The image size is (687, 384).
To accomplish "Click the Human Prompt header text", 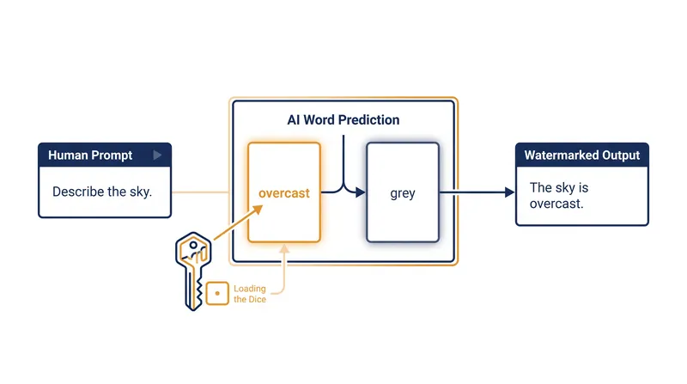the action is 90,155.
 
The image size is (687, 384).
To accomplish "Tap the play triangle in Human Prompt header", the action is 157,155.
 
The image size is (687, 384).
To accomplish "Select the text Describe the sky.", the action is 102,192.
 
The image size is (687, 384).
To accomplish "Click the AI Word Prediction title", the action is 343,119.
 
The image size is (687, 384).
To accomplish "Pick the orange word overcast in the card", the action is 284,193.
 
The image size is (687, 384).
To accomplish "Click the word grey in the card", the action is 403,193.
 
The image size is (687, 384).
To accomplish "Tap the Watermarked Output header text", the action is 582,155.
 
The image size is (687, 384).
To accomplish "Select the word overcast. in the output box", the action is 556,204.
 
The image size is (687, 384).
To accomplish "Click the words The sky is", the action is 559,187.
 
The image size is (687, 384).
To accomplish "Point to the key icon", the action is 193,271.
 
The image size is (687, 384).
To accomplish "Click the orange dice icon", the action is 217,293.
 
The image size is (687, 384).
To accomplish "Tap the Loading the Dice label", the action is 250,294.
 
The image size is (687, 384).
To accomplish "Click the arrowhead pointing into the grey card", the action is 361,192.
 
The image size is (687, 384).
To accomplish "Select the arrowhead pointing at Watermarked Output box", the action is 509,192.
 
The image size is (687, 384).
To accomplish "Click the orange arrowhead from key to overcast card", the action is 258,210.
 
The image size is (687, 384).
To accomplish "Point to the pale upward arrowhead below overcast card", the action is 284,248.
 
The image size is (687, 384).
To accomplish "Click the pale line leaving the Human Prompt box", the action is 200,192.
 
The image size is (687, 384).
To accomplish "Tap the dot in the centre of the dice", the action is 217,293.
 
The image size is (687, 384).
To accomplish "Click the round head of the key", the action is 193,251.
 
